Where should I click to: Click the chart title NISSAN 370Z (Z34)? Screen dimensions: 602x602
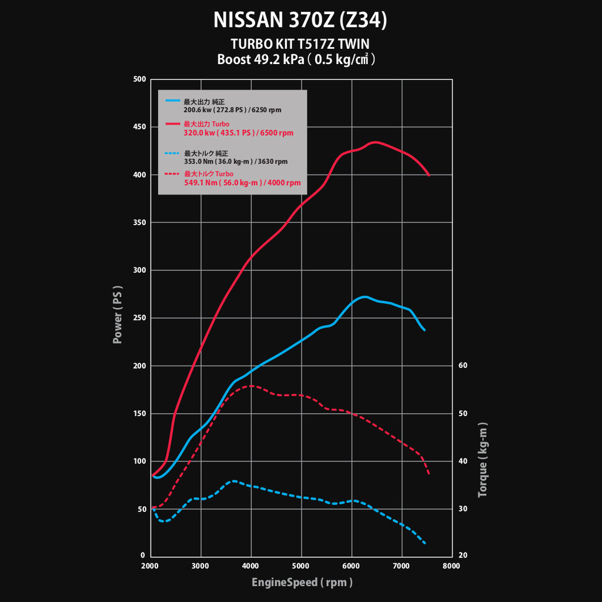[300, 21]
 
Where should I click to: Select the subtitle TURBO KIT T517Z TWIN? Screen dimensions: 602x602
[300, 44]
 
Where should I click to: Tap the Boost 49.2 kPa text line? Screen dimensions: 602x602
[296, 59]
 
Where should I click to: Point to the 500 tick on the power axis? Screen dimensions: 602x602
[139, 79]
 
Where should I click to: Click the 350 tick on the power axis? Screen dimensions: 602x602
[139, 223]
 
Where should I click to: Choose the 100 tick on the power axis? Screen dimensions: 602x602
[139, 461]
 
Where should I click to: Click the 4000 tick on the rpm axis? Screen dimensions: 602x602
[251, 566]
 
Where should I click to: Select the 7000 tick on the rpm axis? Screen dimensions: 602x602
[402, 566]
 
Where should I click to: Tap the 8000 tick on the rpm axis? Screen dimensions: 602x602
[451, 566]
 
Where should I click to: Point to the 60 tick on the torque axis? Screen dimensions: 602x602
[463, 366]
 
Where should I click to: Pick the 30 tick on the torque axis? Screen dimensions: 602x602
[463, 509]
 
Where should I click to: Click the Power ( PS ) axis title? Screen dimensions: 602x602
[118, 316]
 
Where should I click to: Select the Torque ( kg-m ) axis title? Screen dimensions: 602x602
[483, 460]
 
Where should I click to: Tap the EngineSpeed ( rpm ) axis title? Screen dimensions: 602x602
[302, 583]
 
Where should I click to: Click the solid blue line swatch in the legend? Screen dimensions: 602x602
[173, 101]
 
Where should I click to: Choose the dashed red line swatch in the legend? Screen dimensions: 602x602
[173, 174]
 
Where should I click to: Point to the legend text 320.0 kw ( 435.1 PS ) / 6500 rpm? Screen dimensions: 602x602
[239, 133]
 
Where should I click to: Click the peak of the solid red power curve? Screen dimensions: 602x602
[375, 142]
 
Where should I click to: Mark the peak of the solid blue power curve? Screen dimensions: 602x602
[364, 297]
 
